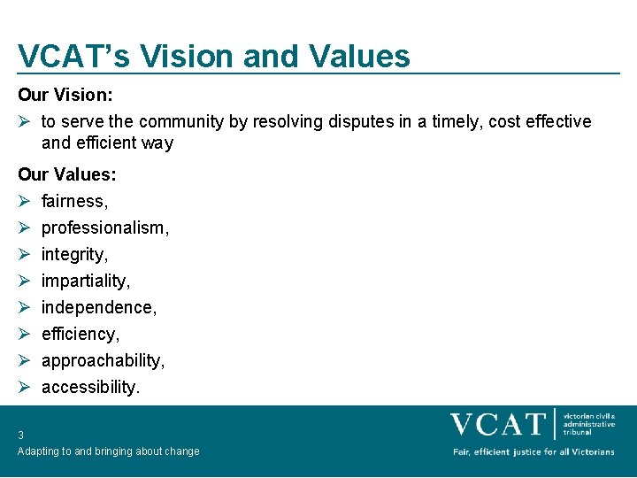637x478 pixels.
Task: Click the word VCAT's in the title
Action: (73, 56)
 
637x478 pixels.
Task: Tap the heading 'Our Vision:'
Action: (65, 93)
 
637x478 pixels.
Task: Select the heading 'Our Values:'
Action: (67, 174)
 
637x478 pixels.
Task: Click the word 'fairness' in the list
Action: (74, 201)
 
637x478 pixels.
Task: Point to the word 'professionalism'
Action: (104, 227)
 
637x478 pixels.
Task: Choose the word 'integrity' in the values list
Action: (74, 254)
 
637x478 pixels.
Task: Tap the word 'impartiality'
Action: (85, 281)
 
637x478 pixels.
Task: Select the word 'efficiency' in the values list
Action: (80, 334)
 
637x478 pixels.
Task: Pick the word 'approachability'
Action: (103, 360)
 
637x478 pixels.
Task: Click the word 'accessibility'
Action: (90, 387)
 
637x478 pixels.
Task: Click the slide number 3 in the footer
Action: (20, 435)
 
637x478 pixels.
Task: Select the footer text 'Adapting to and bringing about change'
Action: (109, 451)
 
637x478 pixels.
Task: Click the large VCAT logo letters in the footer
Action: (497, 424)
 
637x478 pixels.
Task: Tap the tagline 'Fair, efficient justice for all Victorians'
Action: (533, 451)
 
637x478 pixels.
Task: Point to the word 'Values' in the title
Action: (360, 56)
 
